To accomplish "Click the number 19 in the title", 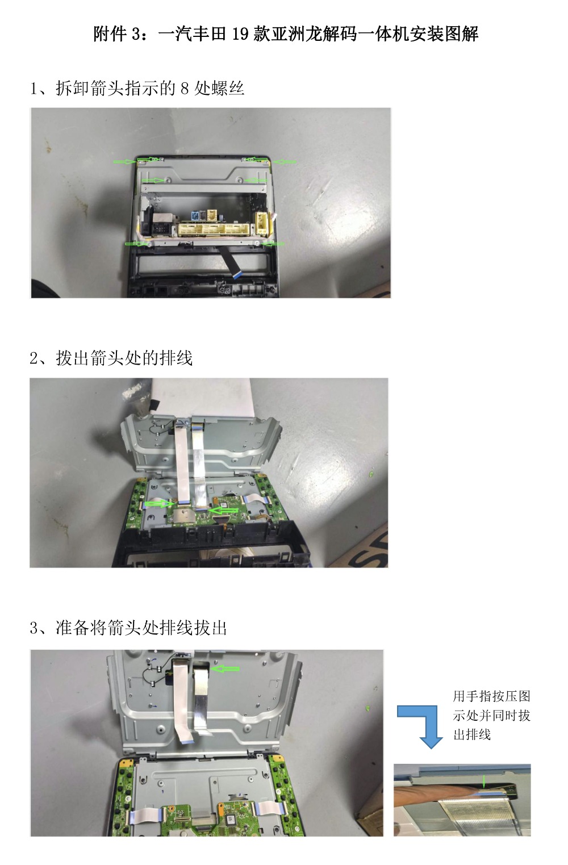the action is point(240,34).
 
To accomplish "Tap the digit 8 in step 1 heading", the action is point(185,89).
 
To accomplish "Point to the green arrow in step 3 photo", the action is point(225,668).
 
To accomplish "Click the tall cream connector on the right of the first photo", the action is point(262,224).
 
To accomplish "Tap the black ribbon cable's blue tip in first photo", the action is point(235,275).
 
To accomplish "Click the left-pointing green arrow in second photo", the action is point(223,511).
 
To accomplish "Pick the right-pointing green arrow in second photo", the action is point(160,504).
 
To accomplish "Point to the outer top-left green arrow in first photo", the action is point(125,161).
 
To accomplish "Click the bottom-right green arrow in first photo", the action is point(273,244).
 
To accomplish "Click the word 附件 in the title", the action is point(110,34).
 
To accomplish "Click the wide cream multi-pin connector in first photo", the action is point(215,229).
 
